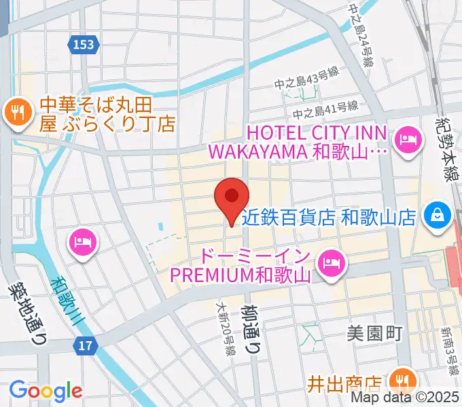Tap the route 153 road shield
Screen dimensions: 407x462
[x=84, y=45]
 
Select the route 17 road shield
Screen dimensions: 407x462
[x=84, y=347]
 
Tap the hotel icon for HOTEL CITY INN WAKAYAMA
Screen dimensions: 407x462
[x=408, y=141]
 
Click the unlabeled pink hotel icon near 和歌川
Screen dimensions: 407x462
[x=84, y=242]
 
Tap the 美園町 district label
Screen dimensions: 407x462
[x=375, y=334]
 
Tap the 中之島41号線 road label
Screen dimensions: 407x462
[x=325, y=107]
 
